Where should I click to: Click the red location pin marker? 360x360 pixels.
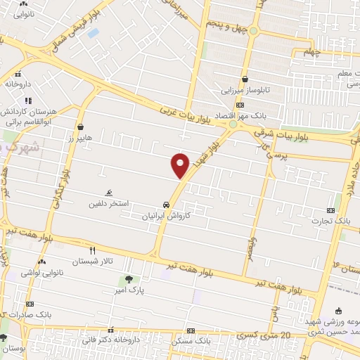[x=181, y=165]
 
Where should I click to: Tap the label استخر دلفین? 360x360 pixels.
[x=107, y=204]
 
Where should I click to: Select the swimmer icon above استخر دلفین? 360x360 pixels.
[x=108, y=193]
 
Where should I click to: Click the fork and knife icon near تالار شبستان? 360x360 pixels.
[x=91, y=250]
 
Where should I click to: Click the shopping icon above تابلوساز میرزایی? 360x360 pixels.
[x=244, y=79]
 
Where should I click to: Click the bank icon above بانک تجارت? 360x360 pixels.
[x=331, y=210]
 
